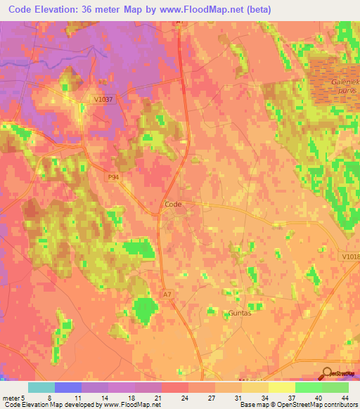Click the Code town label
173,204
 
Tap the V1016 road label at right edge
350,257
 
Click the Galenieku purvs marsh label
345,87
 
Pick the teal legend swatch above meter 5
41,387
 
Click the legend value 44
344,397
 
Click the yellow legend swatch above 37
281,387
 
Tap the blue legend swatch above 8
68,387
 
